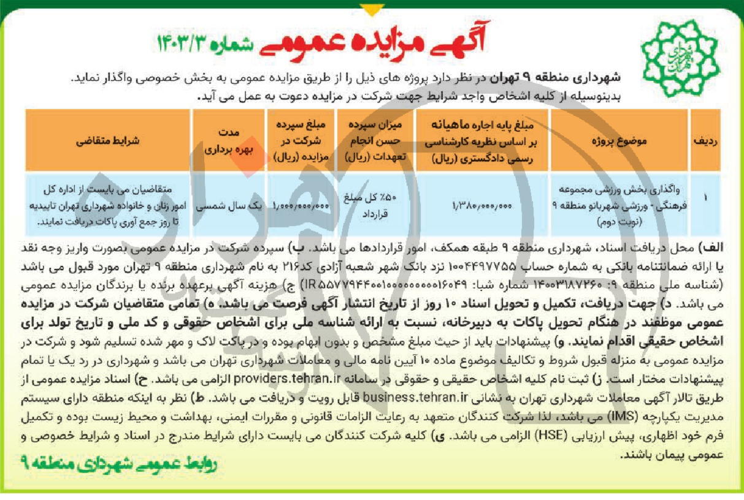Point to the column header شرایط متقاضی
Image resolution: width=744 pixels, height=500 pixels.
point(109,140)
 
